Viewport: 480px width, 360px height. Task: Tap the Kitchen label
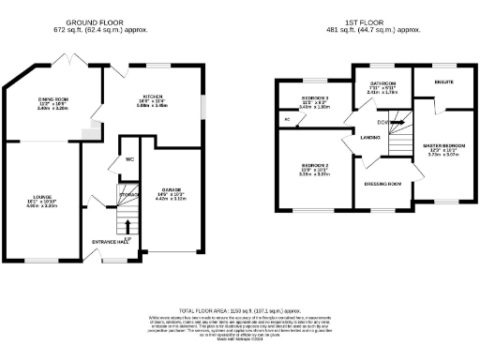click(154, 97)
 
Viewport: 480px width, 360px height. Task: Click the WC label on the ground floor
click(129, 159)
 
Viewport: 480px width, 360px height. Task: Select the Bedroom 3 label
click(314, 97)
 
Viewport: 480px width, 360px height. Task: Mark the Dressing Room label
click(382, 184)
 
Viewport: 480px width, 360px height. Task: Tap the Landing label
click(368, 138)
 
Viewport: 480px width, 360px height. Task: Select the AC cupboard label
click(286, 120)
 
